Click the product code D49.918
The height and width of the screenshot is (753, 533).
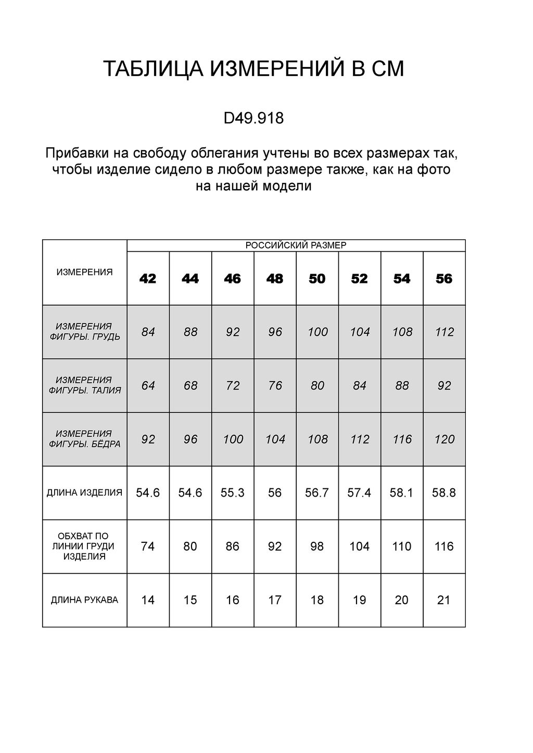pos(253,119)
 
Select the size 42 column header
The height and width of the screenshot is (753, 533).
pos(148,279)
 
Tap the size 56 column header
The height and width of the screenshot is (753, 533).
pos(444,279)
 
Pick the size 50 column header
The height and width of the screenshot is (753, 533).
pos(317,279)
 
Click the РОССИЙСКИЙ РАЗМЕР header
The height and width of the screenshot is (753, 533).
pos(296,245)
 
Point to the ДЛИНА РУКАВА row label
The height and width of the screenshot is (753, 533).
pos(84,600)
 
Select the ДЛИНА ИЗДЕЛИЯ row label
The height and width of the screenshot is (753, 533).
pos(84,492)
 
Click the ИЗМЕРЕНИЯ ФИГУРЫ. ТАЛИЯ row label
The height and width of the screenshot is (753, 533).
pos(84,385)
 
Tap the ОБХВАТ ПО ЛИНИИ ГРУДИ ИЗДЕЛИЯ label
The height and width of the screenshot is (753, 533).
pos(84,546)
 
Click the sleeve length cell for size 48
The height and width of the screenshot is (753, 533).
pos(275,600)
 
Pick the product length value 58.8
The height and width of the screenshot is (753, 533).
pos(444,492)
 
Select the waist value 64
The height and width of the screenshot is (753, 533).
pos(148,386)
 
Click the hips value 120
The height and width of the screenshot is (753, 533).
pos(445,439)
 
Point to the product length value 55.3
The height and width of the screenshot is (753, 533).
pos(232,492)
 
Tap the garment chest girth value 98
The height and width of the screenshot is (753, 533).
pos(317,547)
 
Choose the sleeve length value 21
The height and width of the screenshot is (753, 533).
pos(444,600)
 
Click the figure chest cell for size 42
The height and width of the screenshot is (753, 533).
pos(148,332)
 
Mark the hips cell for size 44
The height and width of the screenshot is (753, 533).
pos(191,439)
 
